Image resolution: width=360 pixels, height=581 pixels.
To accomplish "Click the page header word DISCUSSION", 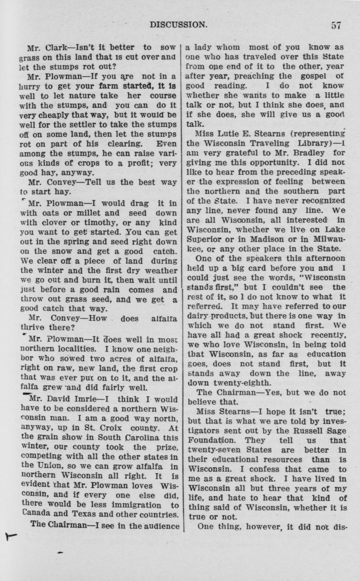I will tap(179, 25).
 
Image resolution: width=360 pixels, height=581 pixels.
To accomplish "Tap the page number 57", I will tap(336, 25).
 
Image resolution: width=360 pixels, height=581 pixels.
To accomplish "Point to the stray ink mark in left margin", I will tap(9, 536).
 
